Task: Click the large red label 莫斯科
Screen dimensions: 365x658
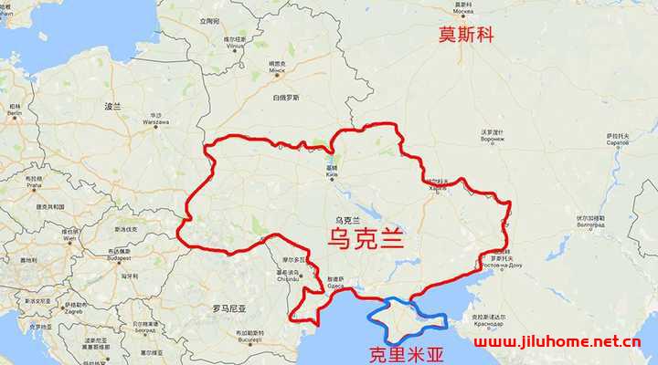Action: pyautogui.click(x=468, y=36)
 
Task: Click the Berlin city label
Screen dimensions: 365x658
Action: pyautogui.click(x=16, y=116)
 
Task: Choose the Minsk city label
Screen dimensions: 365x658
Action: pyautogui.click(x=277, y=68)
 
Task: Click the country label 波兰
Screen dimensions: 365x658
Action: pyautogui.click(x=112, y=107)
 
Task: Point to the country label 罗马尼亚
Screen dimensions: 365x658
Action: pyautogui.click(x=229, y=308)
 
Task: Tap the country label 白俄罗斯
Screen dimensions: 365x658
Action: pyautogui.click(x=286, y=97)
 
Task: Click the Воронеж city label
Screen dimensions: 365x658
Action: pyautogui.click(x=493, y=140)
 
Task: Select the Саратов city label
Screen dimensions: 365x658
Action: pyautogui.click(x=618, y=142)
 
